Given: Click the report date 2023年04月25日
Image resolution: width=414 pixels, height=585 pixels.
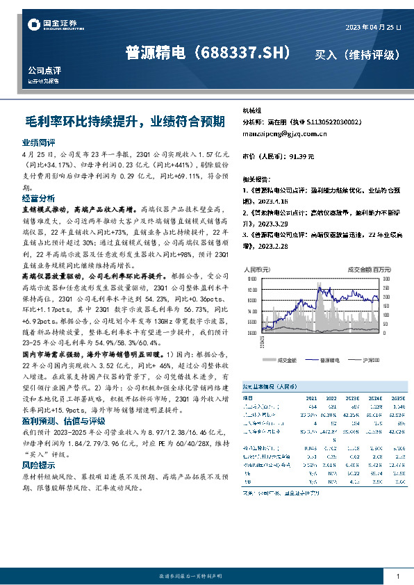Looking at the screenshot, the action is (373, 26).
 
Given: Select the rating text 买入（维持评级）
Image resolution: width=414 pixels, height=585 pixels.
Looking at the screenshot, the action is (357, 54).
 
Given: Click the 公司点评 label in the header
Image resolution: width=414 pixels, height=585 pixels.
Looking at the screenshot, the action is (45, 70).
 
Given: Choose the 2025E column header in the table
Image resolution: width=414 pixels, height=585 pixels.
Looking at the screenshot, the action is (398, 399).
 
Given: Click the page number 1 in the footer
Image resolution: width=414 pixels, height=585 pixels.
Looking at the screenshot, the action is (397, 576).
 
